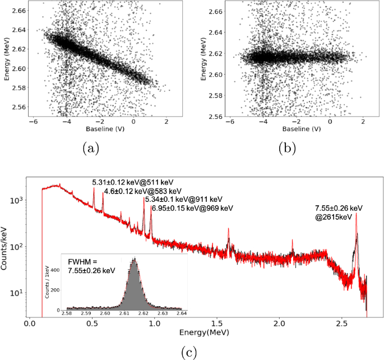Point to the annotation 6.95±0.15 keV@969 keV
(188, 208)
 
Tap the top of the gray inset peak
(134, 259)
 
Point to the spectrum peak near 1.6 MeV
(229, 229)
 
